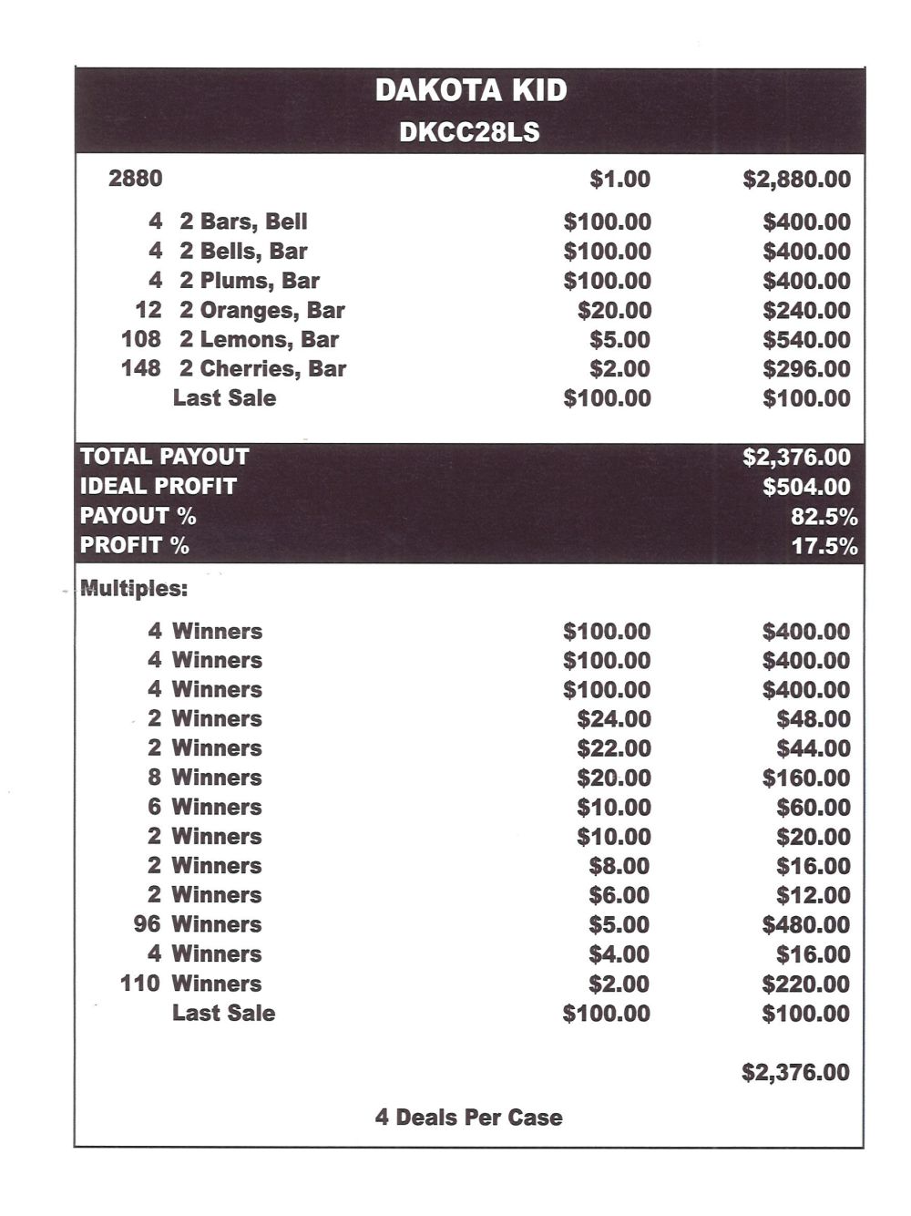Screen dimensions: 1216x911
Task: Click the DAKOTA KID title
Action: tap(470, 90)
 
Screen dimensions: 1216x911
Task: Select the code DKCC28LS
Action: tap(469, 133)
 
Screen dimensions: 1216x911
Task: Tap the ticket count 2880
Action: tap(135, 178)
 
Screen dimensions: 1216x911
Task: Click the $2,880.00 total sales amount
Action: tap(796, 179)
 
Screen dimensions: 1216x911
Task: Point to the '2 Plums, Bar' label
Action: tap(250, 281)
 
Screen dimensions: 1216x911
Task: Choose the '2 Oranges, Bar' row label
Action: tap(262, 310)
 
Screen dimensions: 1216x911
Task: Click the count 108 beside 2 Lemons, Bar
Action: tap(140, 339)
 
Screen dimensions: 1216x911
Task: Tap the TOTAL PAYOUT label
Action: tap(164, 457)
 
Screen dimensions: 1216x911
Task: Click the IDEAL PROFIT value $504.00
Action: tap(806, 487)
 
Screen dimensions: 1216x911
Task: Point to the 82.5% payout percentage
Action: tap(824, 517)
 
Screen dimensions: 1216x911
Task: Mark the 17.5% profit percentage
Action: tap(824, 546)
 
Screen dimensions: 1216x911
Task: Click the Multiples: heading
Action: tap(134, 589)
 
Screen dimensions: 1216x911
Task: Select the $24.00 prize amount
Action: tap(613, 719)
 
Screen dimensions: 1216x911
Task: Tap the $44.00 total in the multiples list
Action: tap(813, 748)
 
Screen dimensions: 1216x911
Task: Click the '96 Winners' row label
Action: tap(198, 924)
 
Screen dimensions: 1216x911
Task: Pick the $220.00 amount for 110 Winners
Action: tap(805, 984)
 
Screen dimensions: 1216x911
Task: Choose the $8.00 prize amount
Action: tap(619, 866)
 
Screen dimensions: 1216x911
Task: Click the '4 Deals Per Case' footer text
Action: tap(468, 1118)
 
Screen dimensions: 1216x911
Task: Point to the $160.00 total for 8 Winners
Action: tap(805, 778)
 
